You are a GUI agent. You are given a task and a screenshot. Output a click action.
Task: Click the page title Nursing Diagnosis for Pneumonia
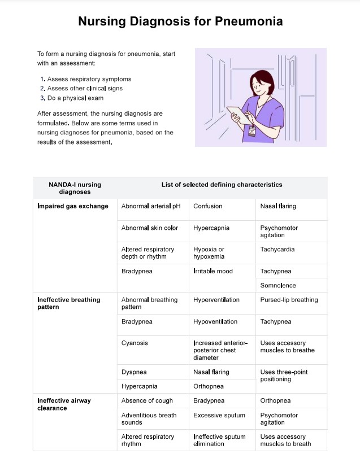pos(180,21)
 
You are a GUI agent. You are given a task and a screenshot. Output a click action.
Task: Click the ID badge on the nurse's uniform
pos(252,132)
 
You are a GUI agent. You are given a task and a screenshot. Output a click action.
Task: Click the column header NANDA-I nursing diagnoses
pos(75,188)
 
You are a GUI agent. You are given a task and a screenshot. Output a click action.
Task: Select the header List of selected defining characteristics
pos(222,185)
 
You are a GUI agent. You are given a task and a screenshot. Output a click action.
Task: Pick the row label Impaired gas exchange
pos(73,206)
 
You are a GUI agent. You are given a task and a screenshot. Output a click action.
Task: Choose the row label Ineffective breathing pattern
pos(69,303)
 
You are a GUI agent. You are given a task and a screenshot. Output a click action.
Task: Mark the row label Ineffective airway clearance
pos(64,404)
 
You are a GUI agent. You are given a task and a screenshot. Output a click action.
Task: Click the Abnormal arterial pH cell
pos(151,206)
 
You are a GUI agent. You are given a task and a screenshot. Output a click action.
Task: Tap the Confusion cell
pos(208,206)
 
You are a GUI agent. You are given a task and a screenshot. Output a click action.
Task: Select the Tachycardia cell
pos(277,249)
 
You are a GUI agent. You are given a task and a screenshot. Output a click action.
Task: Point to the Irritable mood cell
pos(213,271)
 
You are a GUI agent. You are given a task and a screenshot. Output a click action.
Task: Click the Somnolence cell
pos(278,285)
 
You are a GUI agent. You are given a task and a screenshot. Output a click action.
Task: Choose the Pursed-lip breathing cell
pos(289,300)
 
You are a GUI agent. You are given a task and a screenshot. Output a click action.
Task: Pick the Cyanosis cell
pos(134,343)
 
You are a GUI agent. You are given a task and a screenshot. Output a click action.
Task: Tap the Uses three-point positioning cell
pos(284,376)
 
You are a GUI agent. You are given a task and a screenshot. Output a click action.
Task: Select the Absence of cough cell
pos(148,400)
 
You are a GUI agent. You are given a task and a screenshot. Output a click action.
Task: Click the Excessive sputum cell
pos(219,415)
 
